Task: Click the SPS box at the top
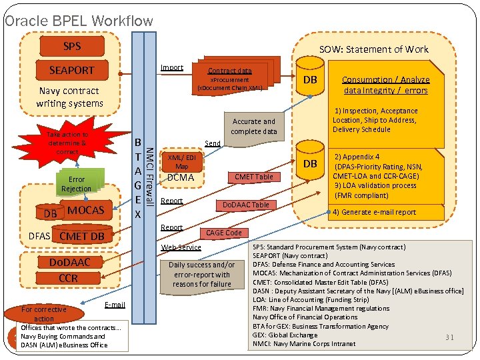(x=71, y=46)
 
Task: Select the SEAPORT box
(x=71, y=70)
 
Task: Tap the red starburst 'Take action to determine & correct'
(x=67, y=143)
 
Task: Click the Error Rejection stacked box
(x=77, y=184)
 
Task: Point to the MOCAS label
(x=86, y=211)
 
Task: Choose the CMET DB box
(x=81, y=236)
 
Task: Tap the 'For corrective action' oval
(x=44, y=313)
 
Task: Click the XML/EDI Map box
(x=181, y=161)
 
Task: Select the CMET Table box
(x=253, y=177)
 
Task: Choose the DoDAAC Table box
(x=245, y=205)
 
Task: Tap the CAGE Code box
(x=224, y=233)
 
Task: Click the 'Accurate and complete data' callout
(x=253, y=126)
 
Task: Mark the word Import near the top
(x=172, y=67)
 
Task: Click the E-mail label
(x=115, y=305)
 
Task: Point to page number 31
(x=449, y=337)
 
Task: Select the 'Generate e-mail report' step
(x=374, y=212)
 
